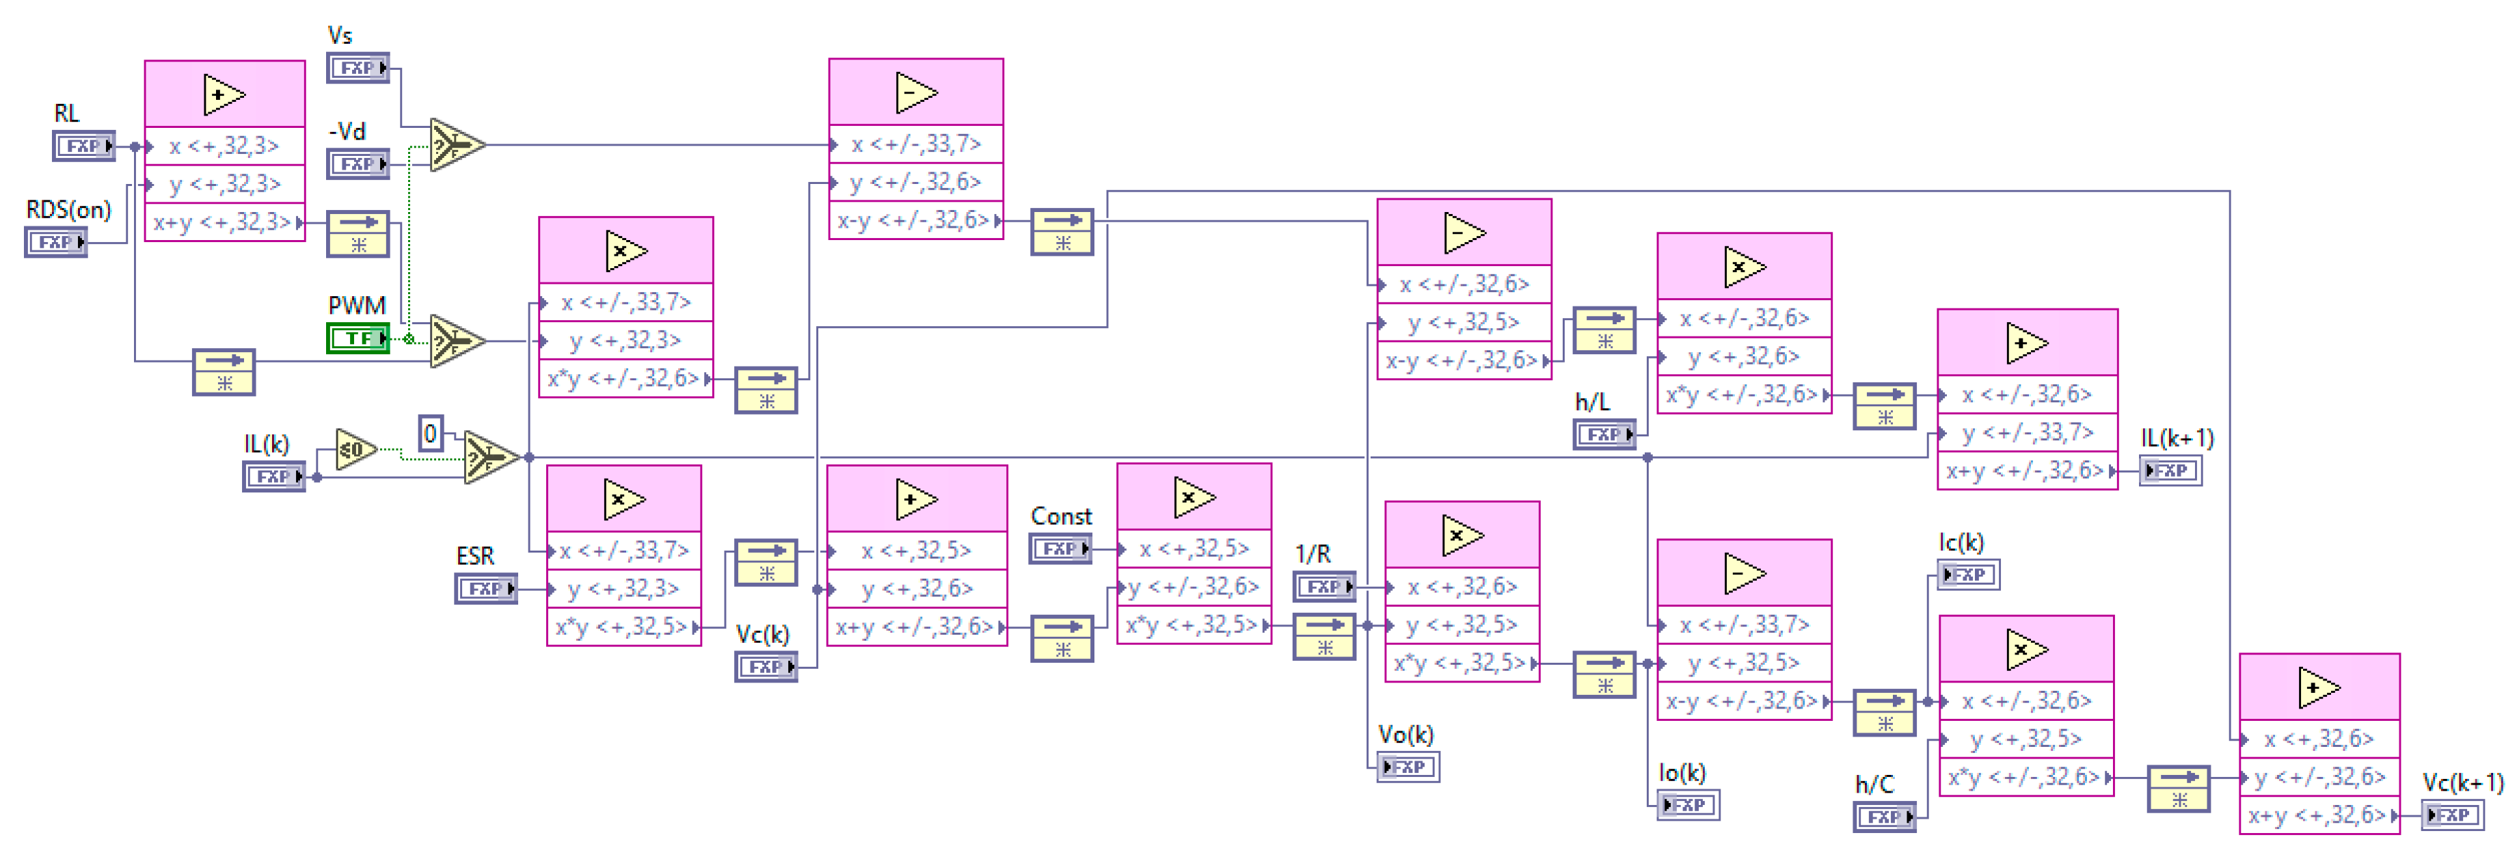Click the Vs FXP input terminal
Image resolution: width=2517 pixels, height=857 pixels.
(358, 68)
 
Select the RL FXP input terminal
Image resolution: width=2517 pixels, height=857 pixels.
(83, 146)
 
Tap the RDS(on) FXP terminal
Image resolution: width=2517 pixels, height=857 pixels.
(55, 241)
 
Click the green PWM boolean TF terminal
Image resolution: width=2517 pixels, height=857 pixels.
(358, 338)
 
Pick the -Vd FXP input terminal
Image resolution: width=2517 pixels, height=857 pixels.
(358, 163)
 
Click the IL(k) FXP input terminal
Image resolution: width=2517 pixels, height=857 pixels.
(273, 476)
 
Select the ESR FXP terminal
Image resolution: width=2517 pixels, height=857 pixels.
(485, 588)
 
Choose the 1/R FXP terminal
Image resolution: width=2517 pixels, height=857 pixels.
(1324, 586)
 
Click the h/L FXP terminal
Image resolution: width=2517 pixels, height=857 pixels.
(1604, 434)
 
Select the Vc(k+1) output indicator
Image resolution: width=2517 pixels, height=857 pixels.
(2453, 815)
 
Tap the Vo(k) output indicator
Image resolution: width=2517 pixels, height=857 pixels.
(1408, 767)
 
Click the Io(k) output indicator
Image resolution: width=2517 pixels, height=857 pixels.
(1689, 805)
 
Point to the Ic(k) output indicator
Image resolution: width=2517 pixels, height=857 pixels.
(1968, 575)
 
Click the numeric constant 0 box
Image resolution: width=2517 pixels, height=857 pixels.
(430, 433)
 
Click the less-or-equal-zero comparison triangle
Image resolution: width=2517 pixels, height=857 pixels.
(353, 449)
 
